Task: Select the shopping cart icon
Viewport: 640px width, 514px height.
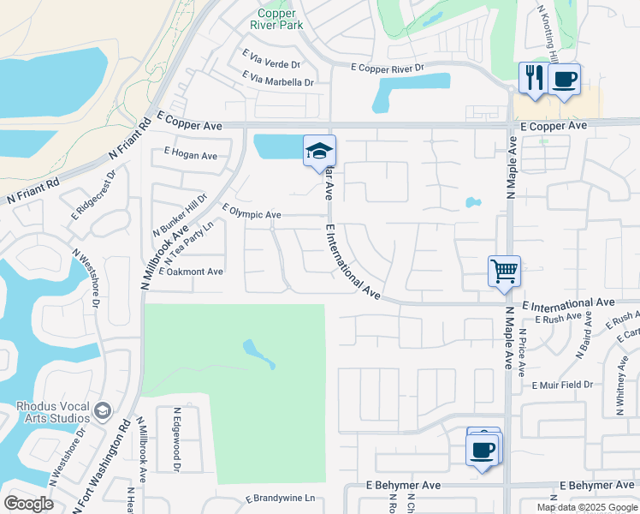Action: pyautogui.click(x=504, y=272)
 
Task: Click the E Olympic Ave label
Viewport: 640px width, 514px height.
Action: pyautogui.click(x=252, y=212)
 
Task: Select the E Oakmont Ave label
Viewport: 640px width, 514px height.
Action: pyautogui.click(x=191, y=272)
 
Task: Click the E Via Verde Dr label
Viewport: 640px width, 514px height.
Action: pyautogui.click(x=272, y=64)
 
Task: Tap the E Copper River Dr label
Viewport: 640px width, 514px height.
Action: pyautogui.click(x=388, y=67)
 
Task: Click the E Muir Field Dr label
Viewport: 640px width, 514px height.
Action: pyautogui.click(x=562, y=385)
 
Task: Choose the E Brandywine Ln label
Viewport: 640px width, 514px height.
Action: pyautogui.click(x=281, y=498)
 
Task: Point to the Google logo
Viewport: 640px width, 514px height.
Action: pyautogui.click(x=28, y=503)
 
